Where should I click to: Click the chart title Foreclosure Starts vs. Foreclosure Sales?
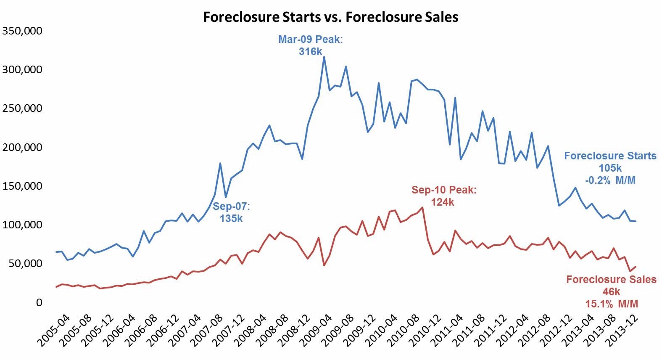pyautogui.click(x=330, y=17)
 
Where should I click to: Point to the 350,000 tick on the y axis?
pyautogui.click(x=22, y=31)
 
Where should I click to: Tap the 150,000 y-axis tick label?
pyautogui.click(x=22, y=186)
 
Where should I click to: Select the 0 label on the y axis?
pyautogui.click(x=39, y=302)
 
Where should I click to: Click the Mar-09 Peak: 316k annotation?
pyautogui.click(x=311, y=45)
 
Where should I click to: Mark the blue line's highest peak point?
pyautogui.click(x=324, y=57)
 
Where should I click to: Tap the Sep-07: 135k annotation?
pyautogui.click(x=231, y=212)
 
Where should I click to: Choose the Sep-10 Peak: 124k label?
pyautogui.click(x=444, y=196)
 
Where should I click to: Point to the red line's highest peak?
pyautogui.click(x=422, y=207)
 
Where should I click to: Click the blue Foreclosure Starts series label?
pyautogui.click(x=610, y=156)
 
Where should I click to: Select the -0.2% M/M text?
pyautogui.click(x=610, y=180)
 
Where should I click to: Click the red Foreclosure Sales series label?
pyautogui.click(x=611, y=280)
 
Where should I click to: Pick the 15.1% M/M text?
pyautogui.click(x=612, y=304)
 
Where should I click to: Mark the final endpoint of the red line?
pyautogui.click(x=636, y=266)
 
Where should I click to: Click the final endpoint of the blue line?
pyautogui.click(x=636, y=221)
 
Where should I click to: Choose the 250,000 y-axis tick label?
pyautogui.click(x=22, y=108)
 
